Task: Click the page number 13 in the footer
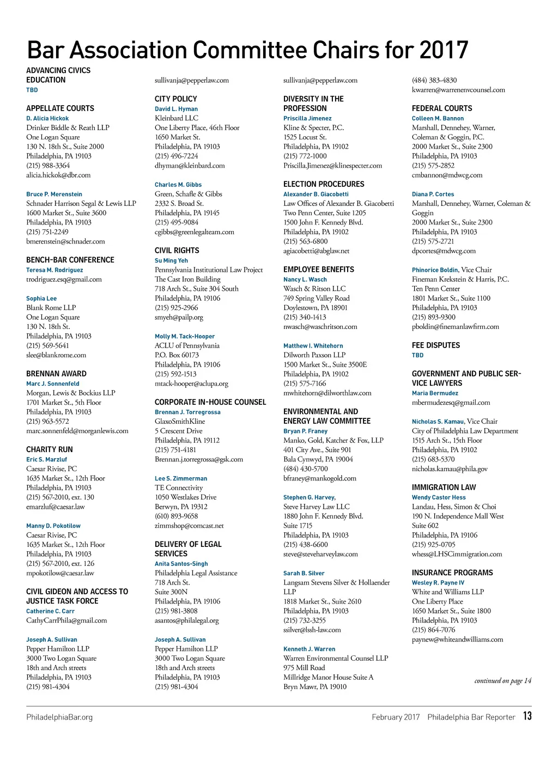point(527,716)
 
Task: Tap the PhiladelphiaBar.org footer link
point(59,717)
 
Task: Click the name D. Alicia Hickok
point(47,118)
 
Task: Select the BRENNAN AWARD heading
point(56,374)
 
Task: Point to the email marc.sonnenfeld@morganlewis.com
point(77,431)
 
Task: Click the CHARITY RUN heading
point(50,449)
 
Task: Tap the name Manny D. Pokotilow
point(53,526)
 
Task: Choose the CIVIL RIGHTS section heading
point(177,251)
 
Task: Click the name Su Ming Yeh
point(171,260)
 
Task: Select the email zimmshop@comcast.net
point(189,526)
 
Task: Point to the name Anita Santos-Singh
point(181,564)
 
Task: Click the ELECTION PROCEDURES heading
point(324,184)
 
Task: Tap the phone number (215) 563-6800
point(306,241)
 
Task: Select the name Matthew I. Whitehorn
point(313,346)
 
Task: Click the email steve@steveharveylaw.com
point(320,554)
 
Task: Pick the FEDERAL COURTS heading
point(442,108)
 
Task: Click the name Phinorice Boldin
point(435,270)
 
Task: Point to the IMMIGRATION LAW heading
point(444,488)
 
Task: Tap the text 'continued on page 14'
point(502,680)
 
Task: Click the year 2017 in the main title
point(444,50)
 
